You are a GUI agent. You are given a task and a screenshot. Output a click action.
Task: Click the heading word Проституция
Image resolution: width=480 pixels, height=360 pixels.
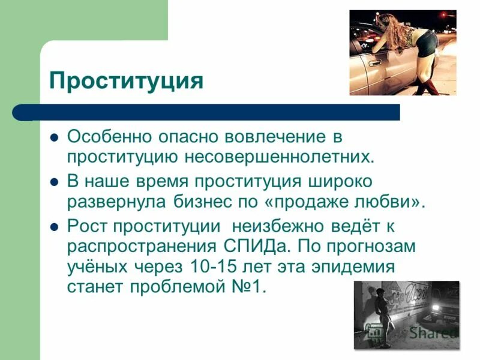(x=126, y=80)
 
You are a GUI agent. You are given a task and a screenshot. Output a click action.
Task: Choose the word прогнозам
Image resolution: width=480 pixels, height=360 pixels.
(x=371, y=247)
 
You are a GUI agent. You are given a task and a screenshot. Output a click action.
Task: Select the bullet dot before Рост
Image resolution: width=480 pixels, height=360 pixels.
(x=54, y=228)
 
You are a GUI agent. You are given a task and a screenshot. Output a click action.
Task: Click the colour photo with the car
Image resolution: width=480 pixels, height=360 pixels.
(x=403, y=53)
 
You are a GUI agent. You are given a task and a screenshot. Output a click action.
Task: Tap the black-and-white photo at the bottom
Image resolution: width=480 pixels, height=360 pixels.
(x=406, y=315)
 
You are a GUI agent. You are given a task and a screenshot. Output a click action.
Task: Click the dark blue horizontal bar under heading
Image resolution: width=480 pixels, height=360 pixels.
(x=210, y=112)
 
